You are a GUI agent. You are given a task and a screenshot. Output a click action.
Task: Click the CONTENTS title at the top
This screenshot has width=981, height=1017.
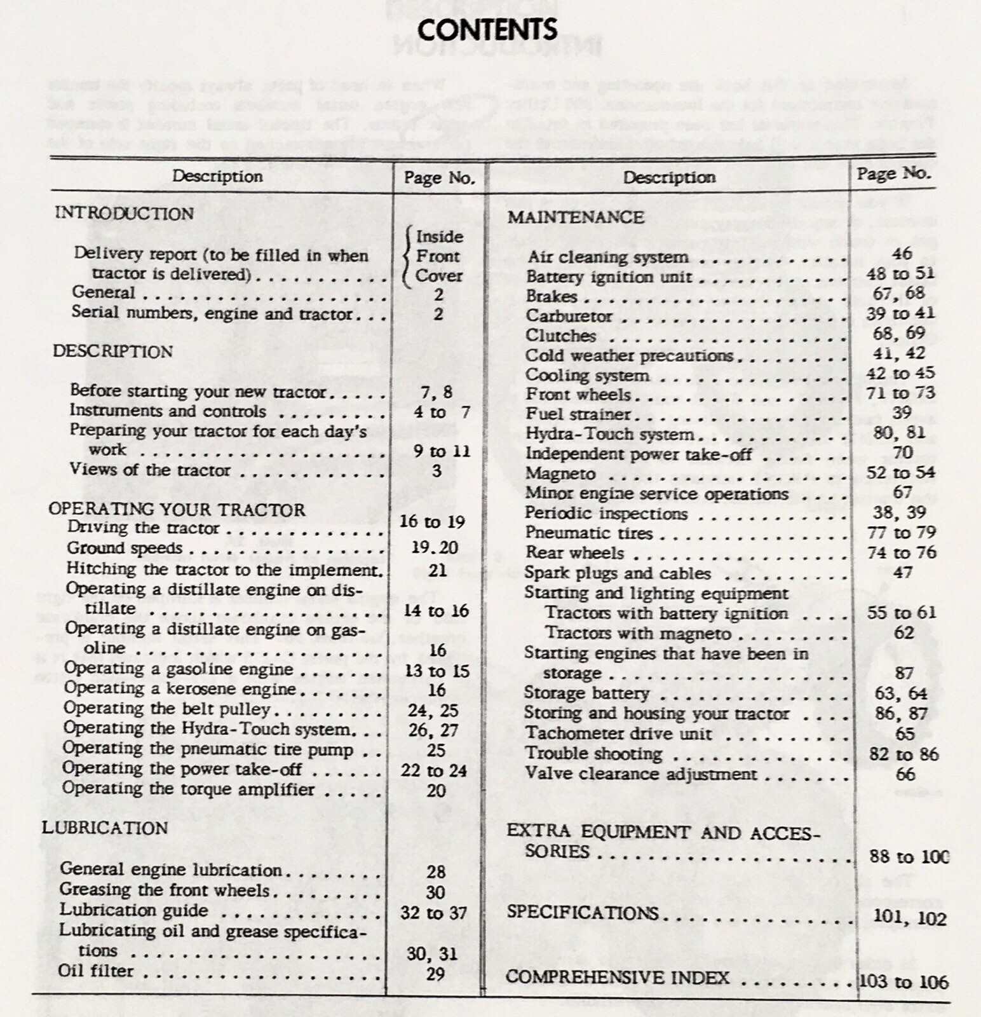[487, 29]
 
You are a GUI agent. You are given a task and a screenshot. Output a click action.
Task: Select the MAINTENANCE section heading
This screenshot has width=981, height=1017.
[576, 217]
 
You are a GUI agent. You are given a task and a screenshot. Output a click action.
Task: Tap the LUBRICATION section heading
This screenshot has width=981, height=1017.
[105, 828]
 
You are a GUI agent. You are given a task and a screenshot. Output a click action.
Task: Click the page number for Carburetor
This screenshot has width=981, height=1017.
[900, 313]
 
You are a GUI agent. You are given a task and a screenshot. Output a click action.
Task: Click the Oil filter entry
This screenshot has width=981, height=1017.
[96, 971]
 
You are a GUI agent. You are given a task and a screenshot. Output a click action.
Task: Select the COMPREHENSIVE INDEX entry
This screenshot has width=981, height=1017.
[617, 977]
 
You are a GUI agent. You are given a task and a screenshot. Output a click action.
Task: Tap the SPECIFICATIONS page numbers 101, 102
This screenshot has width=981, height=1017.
[909, 918]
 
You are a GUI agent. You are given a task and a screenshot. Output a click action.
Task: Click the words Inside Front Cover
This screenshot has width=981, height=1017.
[438, 256]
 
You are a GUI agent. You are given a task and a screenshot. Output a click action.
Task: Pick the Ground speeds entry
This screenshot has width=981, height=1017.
[125, 548]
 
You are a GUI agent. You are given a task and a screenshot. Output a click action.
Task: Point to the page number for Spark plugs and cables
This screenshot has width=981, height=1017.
[903, 573]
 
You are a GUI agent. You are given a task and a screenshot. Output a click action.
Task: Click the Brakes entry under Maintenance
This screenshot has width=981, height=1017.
[551, 296]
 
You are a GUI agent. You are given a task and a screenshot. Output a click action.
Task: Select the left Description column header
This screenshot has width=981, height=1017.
[217, 176]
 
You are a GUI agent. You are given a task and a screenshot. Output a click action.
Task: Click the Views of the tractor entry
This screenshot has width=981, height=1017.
[150, 470]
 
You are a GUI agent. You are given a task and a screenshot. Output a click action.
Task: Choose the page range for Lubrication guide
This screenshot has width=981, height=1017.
[434, 913]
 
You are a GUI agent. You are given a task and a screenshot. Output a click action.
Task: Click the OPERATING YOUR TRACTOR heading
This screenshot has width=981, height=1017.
[177, 509]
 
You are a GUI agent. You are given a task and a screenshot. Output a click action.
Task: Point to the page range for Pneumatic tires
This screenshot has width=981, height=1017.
[902, 533]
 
